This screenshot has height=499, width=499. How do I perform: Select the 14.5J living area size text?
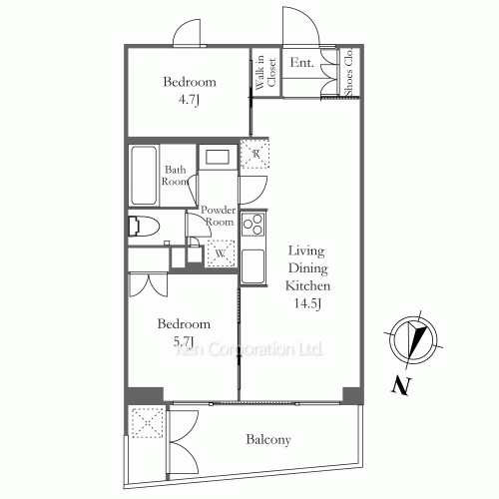click(x=305, y=302)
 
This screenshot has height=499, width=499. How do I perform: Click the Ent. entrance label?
click(x=302, y=63)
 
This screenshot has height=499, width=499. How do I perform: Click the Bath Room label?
click(x=177, y=177)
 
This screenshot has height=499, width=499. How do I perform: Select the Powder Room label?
click(x=218, y=216)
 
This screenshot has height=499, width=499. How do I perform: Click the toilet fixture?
click(x=143, y=226)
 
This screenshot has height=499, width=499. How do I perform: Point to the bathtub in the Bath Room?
click(x=143, y=175)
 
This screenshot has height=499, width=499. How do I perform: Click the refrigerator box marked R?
click(x=254, y=153)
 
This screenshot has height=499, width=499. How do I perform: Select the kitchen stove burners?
click(x=252, y=224)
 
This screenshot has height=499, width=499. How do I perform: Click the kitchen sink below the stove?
click(x=252, y=265)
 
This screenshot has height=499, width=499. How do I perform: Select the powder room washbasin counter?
click(x=216, y=157)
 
